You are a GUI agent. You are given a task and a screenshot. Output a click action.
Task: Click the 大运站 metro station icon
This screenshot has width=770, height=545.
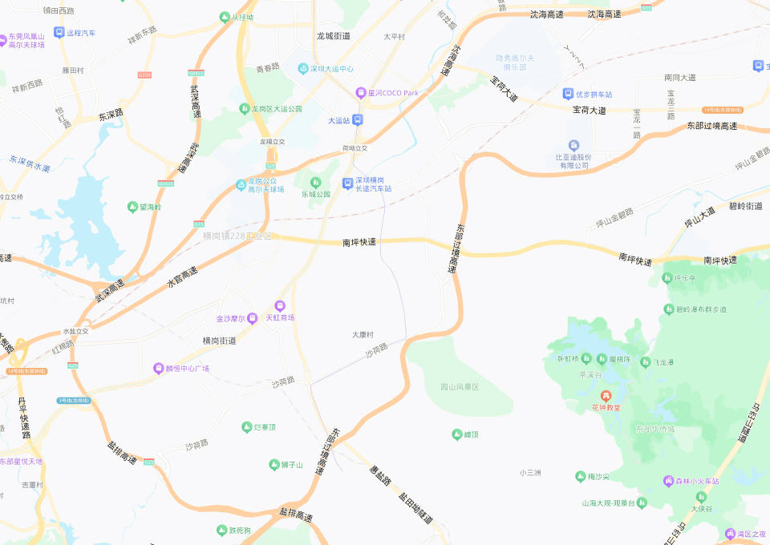tap(358, 120)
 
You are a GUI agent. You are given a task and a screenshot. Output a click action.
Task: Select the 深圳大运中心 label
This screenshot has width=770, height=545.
tap(332, 69)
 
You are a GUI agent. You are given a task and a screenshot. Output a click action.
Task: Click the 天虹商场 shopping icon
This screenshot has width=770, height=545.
tap(280, 305)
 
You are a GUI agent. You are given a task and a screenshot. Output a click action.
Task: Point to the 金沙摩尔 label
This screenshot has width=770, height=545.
tap(231, 318)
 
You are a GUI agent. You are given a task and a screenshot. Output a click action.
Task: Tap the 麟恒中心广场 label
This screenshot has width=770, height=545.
tap(187, 369)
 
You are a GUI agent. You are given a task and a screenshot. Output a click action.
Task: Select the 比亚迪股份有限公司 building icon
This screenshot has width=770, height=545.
tap(573, 145)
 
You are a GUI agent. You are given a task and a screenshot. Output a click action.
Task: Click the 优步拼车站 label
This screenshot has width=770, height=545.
tap(594, 95)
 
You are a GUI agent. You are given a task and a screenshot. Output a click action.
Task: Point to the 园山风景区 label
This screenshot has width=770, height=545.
tap(460, 387)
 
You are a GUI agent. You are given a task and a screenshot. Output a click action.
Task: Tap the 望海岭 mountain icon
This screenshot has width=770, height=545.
tap(132, 207)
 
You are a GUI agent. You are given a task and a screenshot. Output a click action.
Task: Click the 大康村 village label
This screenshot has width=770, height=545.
tap(363, 334)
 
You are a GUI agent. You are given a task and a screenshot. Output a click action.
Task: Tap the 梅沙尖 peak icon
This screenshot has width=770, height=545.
tap(581, 477)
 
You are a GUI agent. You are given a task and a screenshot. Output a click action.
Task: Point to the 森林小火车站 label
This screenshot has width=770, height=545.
tap(697, 481)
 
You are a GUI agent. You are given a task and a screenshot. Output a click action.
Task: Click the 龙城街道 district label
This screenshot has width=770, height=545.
tap(334, 36)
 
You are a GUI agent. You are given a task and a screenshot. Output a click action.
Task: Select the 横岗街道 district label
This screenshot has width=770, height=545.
tap(219, 341)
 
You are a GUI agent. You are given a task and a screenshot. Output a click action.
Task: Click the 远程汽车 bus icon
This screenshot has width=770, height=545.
tap(59, 33)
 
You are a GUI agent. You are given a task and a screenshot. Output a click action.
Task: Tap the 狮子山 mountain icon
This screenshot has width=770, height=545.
tap(274, 465)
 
